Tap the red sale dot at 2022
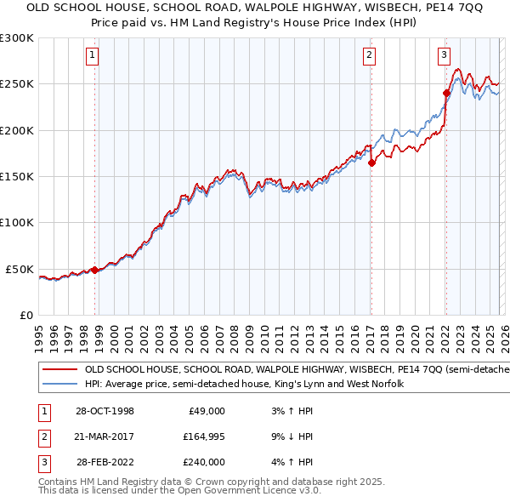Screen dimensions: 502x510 pos(446,93)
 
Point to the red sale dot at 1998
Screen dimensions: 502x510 pos(94,270)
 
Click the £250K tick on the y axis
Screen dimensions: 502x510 pos(17,84)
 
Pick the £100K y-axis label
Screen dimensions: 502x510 pos(17,223)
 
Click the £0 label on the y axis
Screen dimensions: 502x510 pos(25,315)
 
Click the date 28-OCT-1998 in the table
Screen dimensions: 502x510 pos(105,411)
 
